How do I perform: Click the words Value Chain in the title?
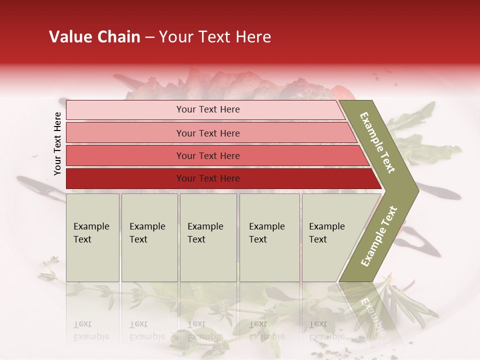pyautogui.click(x=94, y=37)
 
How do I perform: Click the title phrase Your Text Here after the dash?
pyautogui.click(x=215, y=37)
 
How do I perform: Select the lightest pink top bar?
pyautogui.click(x=125, y=110)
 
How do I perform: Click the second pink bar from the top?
pyautogui.click(x=125, y=133)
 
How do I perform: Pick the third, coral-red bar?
pyautogui.click(x=125, y=155)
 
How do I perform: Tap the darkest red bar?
pyautogui.click(x=125, y=178)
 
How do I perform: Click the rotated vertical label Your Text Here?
pyautogui.click(x=57, y=143)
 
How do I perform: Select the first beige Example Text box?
pyautogui.click(x=92, y=237)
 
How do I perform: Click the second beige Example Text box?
pyautogui.click(x=149, y=237)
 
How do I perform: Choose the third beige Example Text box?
pyautogui.click(x=208, y=237)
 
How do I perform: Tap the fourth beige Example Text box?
pyautogui.click(x=269, y=237)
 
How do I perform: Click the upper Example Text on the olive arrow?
pyautogui.click(x=377, y=142)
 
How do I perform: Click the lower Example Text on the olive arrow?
pyautogui.click(x=378, y=236)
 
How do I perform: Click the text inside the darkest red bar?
pyautogui.click(x=208, y=178)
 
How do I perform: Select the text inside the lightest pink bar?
pyautogui.click(x=208, y=109)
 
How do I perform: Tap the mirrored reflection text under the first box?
pyautogui.click(x=91, y=331)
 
